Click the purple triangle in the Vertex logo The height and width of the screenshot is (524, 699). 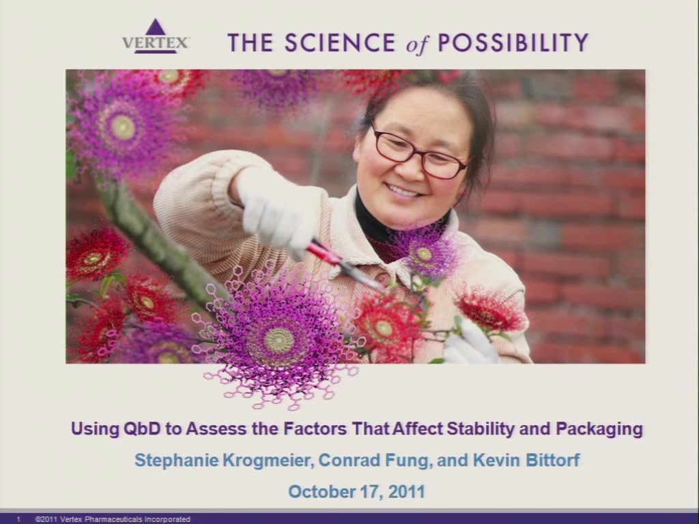click(x=155, y=27)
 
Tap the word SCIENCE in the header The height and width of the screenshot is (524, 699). click(x=340, y=43)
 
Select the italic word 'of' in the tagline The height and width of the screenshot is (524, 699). click(x=417, y=44)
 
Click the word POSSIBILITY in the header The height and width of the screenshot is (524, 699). click(x=513, y=43)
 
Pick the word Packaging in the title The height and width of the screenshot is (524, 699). click(x=599, y=429)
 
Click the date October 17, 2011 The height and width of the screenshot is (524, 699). click(x=356, y=491)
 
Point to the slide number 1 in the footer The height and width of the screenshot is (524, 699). click(x=18, y=519)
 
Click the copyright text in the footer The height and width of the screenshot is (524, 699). click(x=113, y=519)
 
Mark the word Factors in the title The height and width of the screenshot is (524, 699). click(x=315, y=428)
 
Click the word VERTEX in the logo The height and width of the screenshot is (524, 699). click(x=155, y=43)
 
